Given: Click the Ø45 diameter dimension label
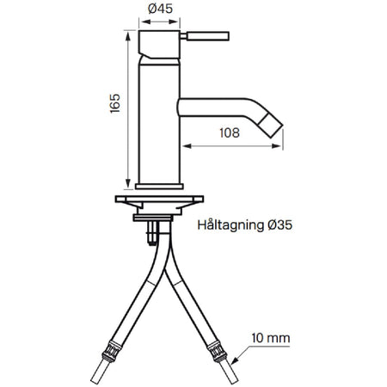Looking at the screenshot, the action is pos(160,9).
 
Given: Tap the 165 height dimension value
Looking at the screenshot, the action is pos(115,103).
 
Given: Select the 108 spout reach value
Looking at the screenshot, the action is pos(230,132).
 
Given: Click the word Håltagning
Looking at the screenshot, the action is pos(230,225).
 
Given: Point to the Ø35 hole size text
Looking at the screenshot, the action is pos(280,224).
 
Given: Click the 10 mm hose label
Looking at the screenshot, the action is pos(271,338).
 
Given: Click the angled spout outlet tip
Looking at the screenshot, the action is pos(271,126).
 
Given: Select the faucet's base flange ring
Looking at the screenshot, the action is pos(159,187).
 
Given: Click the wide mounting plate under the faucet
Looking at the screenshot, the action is pos(159,199).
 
